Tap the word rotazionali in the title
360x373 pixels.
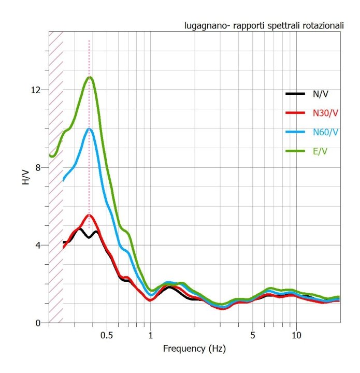click(320, 25)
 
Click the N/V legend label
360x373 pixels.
click(320, 94)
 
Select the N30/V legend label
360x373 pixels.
click(324, 112)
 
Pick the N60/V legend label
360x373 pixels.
click(324, 132)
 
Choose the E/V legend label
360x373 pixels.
click(320, 151)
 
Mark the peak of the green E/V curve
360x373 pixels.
click(90, 77)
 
